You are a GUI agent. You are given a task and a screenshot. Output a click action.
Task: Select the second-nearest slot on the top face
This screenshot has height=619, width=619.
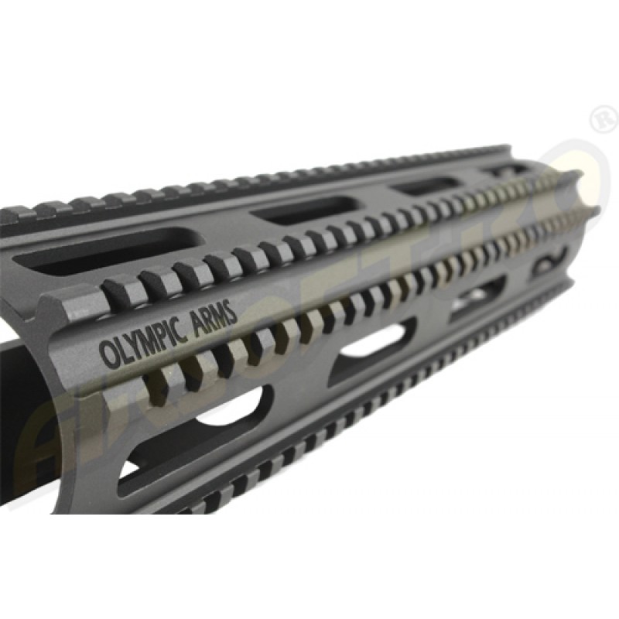(x=295, y=210)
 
